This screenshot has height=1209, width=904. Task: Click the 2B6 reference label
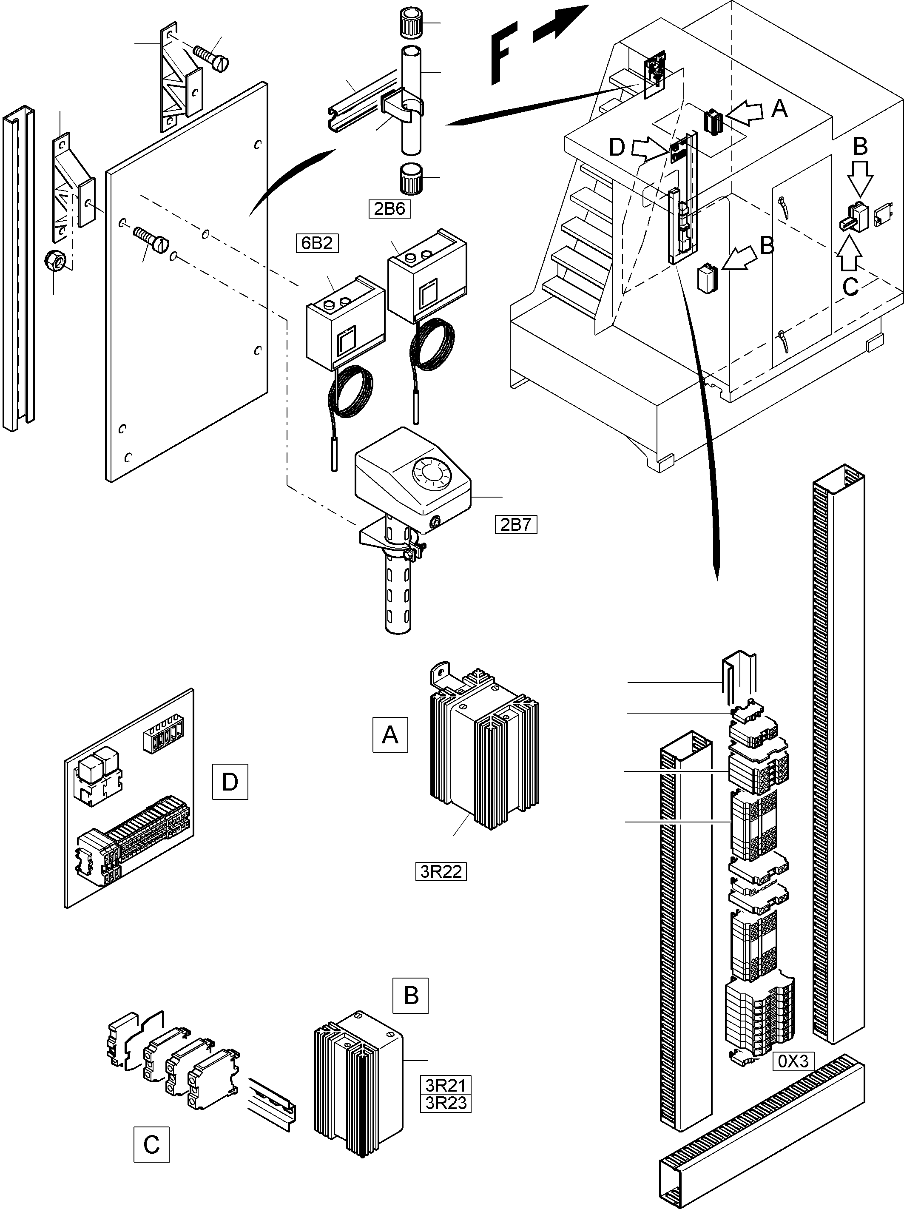click(x=389, y=209)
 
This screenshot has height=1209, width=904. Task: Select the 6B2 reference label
click(x=317, y=243)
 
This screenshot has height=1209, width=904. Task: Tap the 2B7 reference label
click(x=516, y=525)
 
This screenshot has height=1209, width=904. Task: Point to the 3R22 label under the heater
click(x=441, y=871)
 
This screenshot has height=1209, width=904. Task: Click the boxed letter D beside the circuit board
click(x=230, y=782)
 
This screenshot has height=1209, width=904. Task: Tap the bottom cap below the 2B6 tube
click(x=410, y=178)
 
